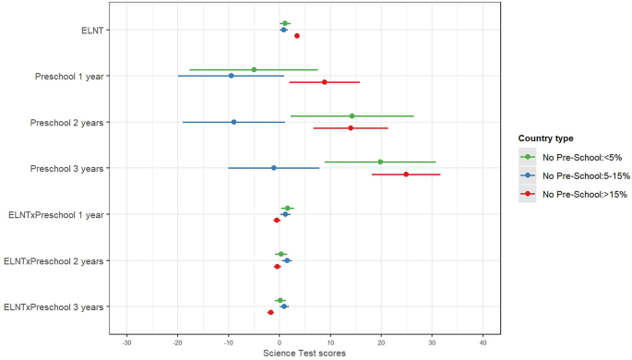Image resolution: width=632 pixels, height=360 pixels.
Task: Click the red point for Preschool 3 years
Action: (406, 174)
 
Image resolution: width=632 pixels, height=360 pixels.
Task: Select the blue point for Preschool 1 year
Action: (231, 76)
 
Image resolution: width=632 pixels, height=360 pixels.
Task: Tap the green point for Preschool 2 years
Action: (352, 115)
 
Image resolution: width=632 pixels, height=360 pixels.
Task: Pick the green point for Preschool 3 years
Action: (380, 162)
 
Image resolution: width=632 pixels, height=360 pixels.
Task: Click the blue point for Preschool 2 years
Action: (233, 122)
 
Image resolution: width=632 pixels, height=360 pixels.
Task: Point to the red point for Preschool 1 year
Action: (325, 82)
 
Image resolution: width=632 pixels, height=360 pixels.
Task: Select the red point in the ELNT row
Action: (296, 36)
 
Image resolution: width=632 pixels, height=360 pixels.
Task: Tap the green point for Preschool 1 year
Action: (254, 69)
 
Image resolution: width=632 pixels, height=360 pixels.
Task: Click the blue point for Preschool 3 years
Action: (273, 168)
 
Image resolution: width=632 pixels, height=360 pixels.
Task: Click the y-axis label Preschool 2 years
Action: (66, 122)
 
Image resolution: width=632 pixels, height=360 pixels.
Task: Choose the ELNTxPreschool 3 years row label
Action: (54, 306)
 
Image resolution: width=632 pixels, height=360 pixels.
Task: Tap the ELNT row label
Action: (92, 30)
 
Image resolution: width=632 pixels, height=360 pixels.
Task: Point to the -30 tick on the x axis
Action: (126, 343)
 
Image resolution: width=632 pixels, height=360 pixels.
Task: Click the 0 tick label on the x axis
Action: (280, 343)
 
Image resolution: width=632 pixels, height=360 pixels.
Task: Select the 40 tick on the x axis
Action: (483, 343)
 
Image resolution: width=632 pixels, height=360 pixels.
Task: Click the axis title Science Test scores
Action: (304, 354)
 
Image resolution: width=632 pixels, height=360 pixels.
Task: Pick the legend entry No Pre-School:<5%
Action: (572, 157)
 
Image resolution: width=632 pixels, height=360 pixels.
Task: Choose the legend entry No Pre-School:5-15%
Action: (574, 175)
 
